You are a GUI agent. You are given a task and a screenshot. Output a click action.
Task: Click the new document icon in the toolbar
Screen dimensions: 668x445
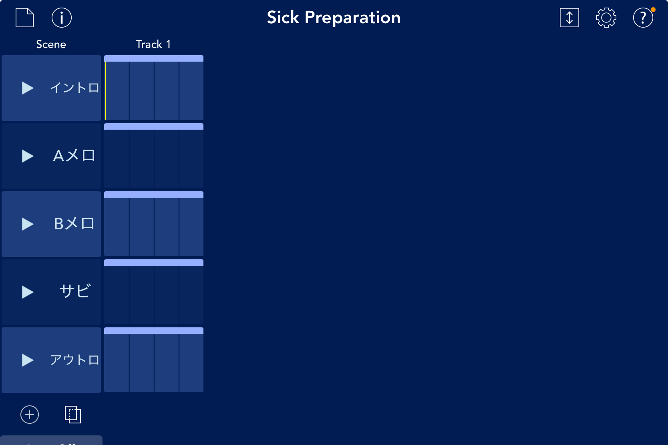click(24, 18)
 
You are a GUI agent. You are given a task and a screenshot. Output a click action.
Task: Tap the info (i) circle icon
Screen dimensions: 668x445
click(61, 18)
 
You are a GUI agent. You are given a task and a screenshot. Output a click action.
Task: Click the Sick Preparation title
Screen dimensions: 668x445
click(334, 17)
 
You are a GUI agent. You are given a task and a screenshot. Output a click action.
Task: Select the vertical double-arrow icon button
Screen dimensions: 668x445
click(569, 18)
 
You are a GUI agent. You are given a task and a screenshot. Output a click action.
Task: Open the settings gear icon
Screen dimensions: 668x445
click(606, 18)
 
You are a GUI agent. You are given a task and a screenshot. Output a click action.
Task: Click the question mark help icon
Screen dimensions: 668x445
click(643, 18)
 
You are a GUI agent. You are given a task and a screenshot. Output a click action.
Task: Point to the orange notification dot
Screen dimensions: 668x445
click(653, 10)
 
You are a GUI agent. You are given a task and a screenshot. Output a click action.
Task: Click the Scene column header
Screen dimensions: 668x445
click(51, 44)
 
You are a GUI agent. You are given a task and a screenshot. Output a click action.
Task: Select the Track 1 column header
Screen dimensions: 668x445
click(153, 44)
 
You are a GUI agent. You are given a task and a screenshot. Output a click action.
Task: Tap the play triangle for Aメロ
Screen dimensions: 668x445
click(28, 156)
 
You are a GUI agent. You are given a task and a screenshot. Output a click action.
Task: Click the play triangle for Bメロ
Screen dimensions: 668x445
click(28, 224)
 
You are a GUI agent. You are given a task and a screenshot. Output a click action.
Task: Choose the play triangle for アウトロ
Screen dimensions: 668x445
click(28, 360)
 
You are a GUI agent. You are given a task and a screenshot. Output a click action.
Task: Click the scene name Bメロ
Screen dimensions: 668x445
click(74, 224)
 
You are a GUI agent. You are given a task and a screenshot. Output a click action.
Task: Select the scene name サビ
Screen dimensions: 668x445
click(75, 291)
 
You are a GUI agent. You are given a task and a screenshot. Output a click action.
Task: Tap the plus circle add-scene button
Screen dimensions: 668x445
click(30, 414)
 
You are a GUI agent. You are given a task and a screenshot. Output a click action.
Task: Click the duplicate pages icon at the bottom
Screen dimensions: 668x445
click(73, 414)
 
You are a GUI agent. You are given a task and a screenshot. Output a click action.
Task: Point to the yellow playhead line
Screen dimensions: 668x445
click(105, 90)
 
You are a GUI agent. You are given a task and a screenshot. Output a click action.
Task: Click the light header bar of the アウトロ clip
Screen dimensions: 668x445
click(153, 331)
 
